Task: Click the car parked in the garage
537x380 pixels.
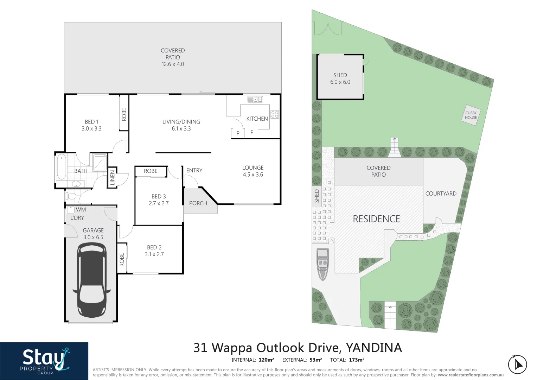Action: point(91,280)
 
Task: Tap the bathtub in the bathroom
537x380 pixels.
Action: point(62,167)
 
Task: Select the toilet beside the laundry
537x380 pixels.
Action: point(71,196)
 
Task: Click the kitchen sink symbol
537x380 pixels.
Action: point(255,99)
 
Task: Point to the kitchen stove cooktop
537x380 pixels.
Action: point(275,114)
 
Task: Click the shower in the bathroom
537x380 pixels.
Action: point(100,163)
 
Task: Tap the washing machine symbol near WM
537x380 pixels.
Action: point(71,210)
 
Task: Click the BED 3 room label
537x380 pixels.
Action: point(159,200)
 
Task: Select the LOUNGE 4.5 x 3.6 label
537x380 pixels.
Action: point(253,171)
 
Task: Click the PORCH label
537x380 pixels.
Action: point(198,203)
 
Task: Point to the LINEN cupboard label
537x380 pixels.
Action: point(113,177)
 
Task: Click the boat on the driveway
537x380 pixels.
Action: point(322,264)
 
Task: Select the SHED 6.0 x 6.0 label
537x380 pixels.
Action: point(340,78)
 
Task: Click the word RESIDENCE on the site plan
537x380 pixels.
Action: point(376,219)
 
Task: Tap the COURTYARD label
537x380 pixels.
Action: point(441,194)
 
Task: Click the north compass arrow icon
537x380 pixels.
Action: point(517,365)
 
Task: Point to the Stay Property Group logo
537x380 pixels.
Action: point(44,361)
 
